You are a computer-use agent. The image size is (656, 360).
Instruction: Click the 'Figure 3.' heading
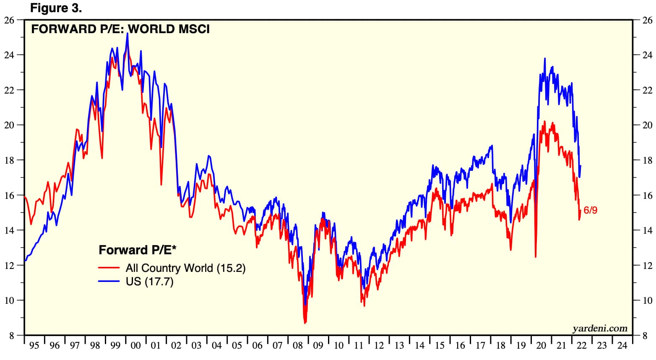(56, 8)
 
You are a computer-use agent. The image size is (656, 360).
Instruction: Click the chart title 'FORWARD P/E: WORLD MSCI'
(120, 29)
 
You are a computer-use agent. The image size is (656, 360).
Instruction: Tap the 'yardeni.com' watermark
(600, 328)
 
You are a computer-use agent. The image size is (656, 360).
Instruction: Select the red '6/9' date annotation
(590, 210)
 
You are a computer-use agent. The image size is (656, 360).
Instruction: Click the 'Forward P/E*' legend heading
(138, 250)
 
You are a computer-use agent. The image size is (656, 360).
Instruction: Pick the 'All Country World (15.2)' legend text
(185, 268)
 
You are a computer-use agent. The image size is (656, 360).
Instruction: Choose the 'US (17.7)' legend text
(149, 282)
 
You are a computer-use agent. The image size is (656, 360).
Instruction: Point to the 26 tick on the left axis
(9, 20)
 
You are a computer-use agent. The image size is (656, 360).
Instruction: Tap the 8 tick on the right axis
(646, 336)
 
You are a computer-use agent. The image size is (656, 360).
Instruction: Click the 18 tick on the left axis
(9, 160)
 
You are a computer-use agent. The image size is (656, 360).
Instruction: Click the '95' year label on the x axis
(34, 346)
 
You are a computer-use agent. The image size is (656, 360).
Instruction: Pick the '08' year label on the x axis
(298, 346)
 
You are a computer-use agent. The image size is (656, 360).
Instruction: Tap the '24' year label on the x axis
(622, 346)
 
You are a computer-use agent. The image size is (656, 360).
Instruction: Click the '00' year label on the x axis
(135, 346)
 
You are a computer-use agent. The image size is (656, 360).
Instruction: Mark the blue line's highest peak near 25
(128, 33)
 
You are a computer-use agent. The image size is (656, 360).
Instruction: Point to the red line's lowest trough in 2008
(305, 323)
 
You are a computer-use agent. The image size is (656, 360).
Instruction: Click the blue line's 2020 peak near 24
(545, 58)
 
